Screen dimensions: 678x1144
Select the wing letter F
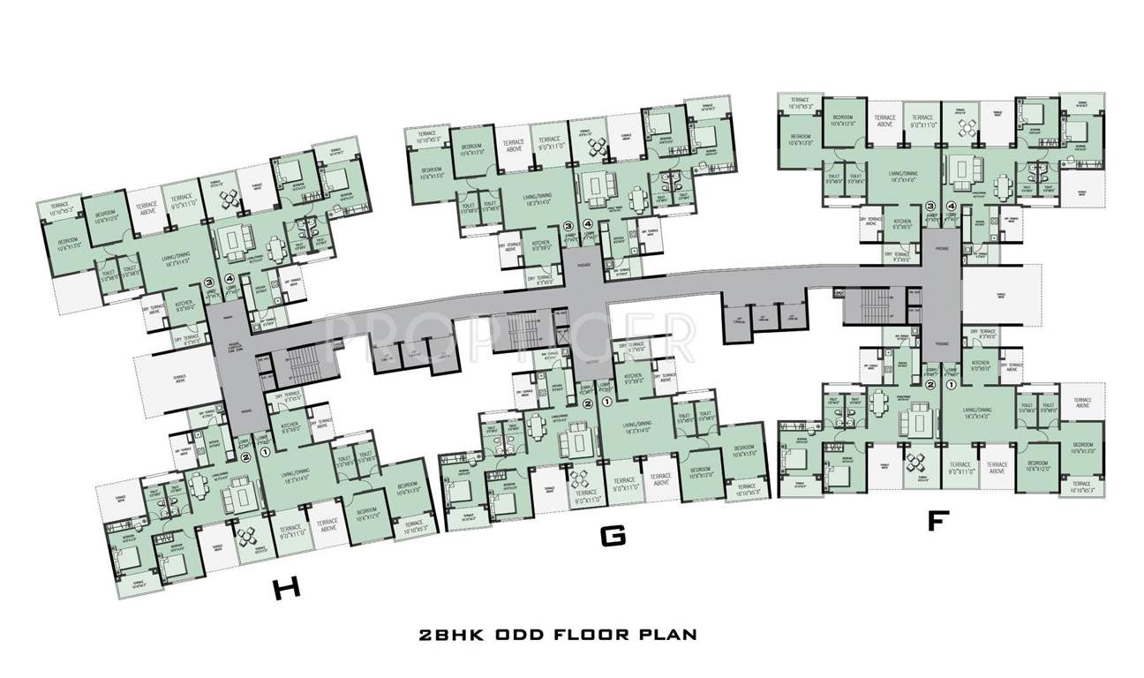click(937, 521)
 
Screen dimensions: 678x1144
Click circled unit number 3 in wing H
click(209, 283)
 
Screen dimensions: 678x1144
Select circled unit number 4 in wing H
click(230, 279)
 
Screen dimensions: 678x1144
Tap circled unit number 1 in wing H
click(263, 453)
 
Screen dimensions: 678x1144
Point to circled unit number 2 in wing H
click(245, 456)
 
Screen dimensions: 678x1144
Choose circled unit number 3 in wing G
click(568, 226)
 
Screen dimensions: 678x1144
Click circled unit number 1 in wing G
click(606, 401)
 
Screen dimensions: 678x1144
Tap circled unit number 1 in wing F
click(951, 385)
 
